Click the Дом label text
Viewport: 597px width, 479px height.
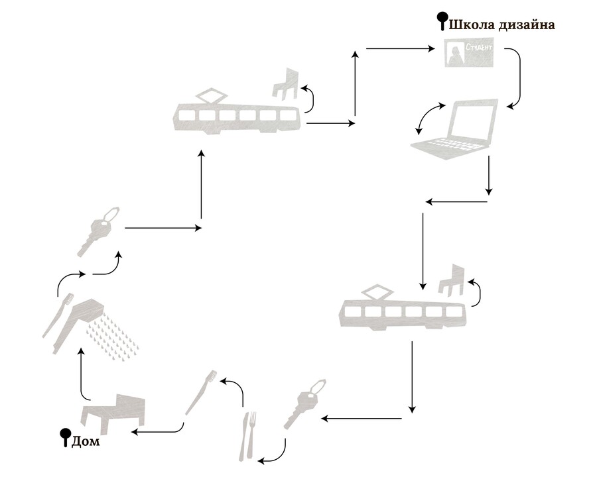85,440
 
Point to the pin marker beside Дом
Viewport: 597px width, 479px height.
66,436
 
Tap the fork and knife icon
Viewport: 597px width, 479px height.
249,435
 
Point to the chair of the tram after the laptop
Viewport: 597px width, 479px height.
452,278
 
